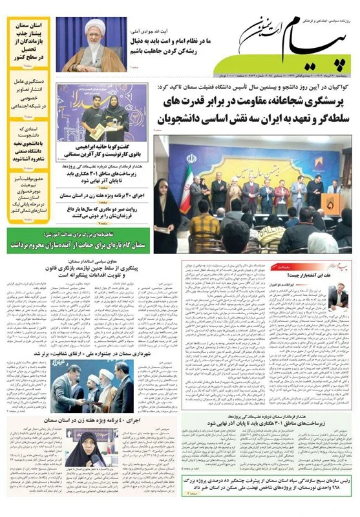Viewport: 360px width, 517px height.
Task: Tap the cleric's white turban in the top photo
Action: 94,28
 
